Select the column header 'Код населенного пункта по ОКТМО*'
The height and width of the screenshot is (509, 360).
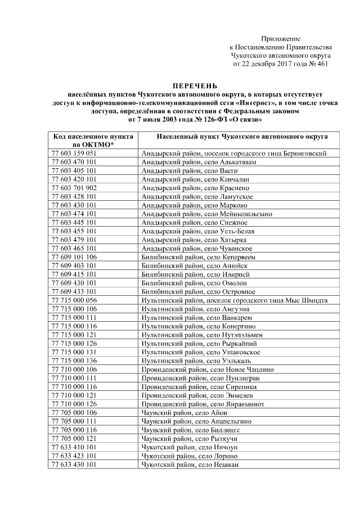[92, 140]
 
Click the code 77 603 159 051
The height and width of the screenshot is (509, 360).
[74, 153]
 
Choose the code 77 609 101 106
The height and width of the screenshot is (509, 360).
[74, 257]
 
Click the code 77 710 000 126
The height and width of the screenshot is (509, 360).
[74, 404]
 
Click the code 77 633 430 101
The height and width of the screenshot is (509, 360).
[74, 465]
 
